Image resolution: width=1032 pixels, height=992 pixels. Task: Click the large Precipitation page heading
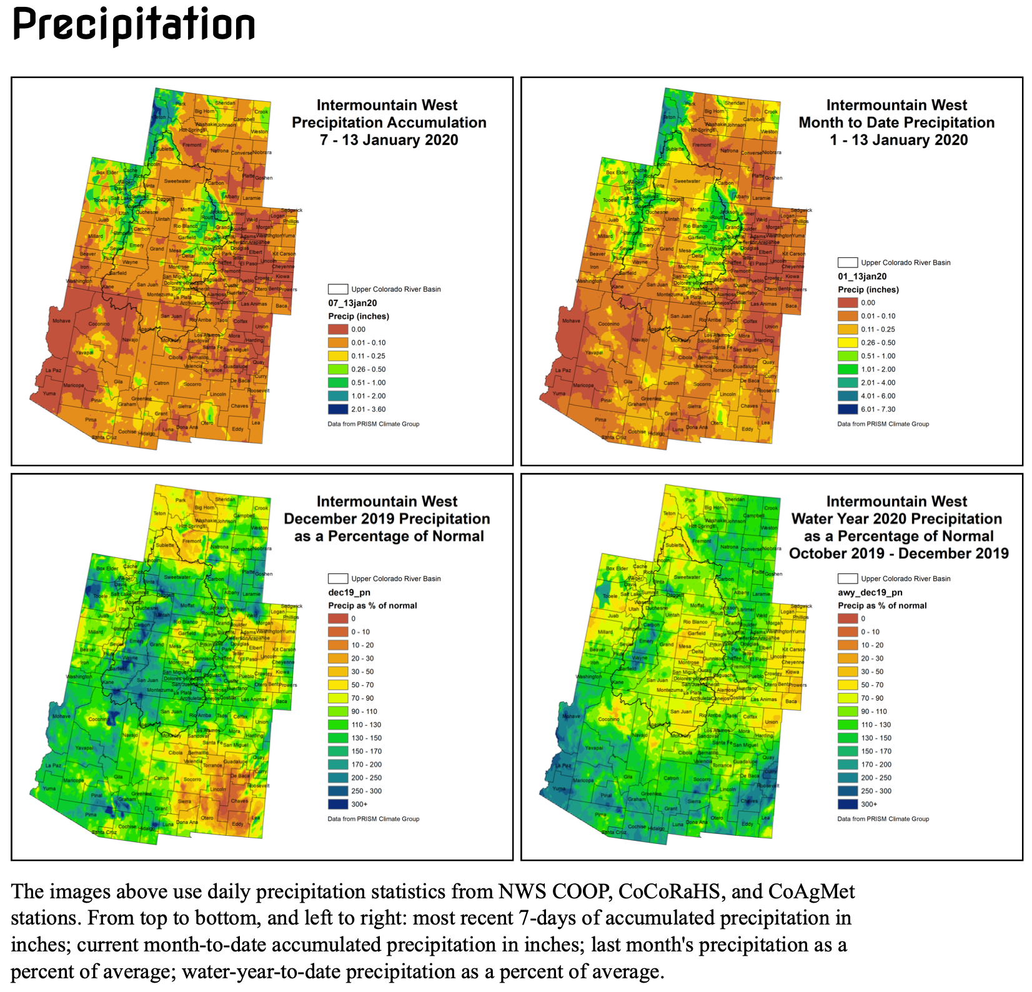point(134,25)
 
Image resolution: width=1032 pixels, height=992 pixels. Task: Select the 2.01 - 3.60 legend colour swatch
point(337,409)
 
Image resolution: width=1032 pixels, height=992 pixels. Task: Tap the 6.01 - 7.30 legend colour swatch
point(847,409)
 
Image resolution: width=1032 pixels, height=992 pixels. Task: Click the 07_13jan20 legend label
point(352,303)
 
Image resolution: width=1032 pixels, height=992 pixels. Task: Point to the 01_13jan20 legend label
point(862,276)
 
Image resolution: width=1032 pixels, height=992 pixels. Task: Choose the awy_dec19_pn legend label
point(870,592)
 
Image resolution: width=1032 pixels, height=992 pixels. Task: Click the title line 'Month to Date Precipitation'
point(896,122)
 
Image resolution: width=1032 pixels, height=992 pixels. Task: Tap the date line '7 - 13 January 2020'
point(389,140)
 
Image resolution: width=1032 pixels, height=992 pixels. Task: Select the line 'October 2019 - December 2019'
point(898,553)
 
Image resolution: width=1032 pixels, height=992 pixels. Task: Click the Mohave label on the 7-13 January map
point(61,320)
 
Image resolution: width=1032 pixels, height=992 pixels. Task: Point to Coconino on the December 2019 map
point(99,719)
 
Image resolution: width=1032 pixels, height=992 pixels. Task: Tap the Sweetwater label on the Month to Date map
point(687,181)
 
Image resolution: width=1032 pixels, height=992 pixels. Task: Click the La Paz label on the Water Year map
point(563,765)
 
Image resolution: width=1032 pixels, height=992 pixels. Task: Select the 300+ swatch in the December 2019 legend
point(337,804)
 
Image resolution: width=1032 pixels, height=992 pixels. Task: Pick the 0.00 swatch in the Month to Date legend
point(847,302)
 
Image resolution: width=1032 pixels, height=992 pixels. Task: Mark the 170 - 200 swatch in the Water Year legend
point(847,764)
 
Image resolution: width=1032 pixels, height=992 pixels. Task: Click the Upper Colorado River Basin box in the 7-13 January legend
point(337,289)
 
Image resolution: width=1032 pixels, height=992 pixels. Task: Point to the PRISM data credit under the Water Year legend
point(883,818)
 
